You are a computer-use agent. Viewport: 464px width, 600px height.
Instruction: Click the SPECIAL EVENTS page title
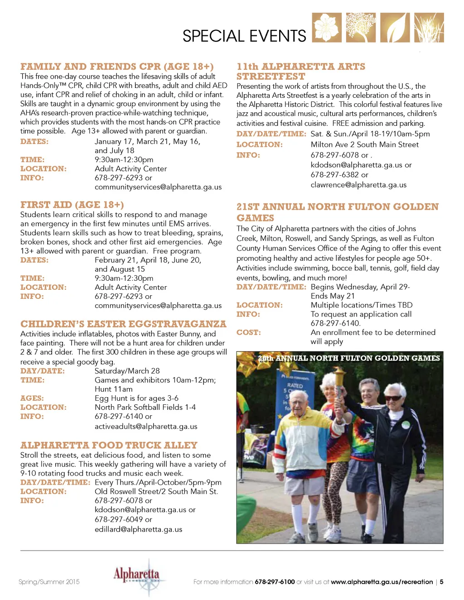click(244, 36)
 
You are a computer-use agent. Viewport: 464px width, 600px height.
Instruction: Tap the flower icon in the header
click(327, 28)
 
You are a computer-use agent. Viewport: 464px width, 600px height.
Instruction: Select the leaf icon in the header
click(395, 28)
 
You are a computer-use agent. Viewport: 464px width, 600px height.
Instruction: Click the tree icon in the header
click(361, 28)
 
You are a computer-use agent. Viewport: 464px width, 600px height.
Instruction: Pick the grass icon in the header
click(429, 28)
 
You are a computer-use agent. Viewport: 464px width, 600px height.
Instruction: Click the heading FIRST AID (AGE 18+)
click(72, 205)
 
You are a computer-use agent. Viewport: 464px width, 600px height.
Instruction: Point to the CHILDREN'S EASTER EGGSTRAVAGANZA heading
click(123, 324)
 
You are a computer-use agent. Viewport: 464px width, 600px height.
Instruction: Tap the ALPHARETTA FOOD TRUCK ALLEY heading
click(109, 445)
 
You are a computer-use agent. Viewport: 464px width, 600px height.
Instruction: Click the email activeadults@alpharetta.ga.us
click(146, 426)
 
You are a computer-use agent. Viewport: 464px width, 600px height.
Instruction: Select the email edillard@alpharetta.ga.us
click(138, 529)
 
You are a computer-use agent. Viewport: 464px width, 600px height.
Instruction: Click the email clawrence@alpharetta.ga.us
click(358, 184)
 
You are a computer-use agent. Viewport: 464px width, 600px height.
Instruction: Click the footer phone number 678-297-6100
click(275, 582)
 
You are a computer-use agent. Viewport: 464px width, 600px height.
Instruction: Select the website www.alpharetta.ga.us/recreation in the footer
click(382, 582)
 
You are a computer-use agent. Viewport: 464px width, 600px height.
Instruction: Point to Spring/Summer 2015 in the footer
click(49, 582)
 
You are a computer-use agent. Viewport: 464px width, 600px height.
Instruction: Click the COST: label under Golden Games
click(248, 332)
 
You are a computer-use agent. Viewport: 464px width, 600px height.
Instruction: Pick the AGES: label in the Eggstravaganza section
click(32, 398)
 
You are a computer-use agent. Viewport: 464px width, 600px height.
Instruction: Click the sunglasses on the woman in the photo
click(392, 398)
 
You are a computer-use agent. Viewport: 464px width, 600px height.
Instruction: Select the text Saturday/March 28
click(127, 371)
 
